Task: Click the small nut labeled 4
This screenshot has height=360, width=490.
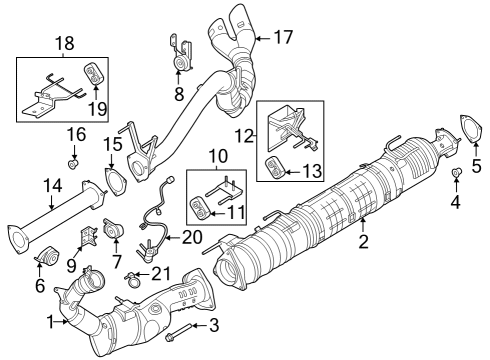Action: [x=457, y=176]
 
